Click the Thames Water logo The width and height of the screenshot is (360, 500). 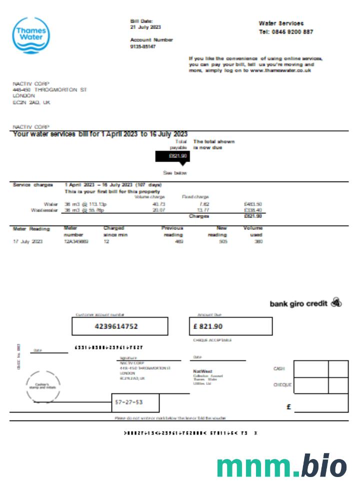[x=31, y=35]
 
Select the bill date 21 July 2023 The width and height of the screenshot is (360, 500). [x=145, y=27]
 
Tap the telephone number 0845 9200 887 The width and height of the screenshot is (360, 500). [x=292, y=31]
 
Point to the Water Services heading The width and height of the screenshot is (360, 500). [x=281, y=23]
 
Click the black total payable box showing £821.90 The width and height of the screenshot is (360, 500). [x=172, y=156]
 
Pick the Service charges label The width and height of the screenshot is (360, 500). [x=32, y=185]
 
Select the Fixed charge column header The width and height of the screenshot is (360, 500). [x=195, y=197]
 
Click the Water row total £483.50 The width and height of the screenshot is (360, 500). [x=252, y=204]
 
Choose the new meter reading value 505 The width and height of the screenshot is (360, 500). [x=222, y=241]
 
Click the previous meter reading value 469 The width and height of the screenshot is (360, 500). [x=179, y=241]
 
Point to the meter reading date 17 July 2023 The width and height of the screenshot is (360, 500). [x=27, y=241]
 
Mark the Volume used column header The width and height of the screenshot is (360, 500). [x=253, y=231]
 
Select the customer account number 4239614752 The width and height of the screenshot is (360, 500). [x=119, y=326]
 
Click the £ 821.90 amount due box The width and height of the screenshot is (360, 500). [x=231, y=326]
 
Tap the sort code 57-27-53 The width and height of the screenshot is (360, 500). [x=129, y=402]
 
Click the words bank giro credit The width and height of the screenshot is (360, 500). [x=298, y=303]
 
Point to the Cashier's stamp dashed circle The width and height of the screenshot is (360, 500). [x=42, y=386]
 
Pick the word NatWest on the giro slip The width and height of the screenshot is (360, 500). [x=202, y=371]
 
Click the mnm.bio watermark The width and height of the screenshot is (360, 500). [x=281, y=466]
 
